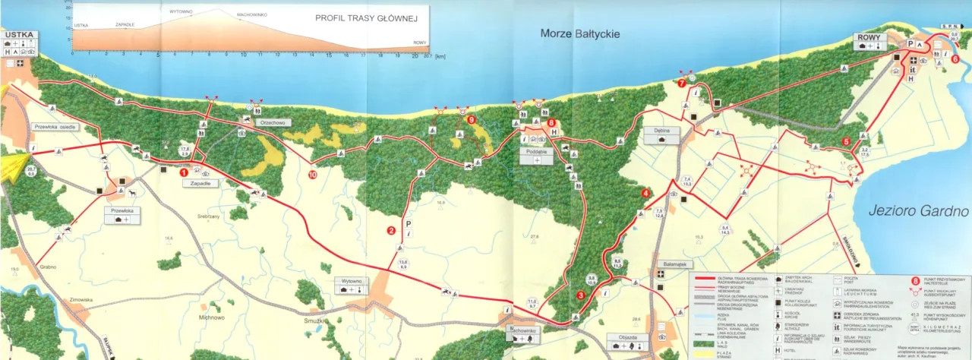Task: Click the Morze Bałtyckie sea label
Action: click(x=580, y=33)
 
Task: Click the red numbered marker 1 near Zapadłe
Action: click(x=183, y=172)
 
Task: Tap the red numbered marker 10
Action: click(x=313, y=175)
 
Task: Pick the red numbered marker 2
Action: click(x=391, y=231)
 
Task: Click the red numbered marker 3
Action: click(x=580, y=295)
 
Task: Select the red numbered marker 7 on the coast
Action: click(x=681, y=83)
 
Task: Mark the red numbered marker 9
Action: click(x=471, y=119)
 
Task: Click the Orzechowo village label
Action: click(x=271, y=121)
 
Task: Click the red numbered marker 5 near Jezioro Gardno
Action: click(x=846, y=141)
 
